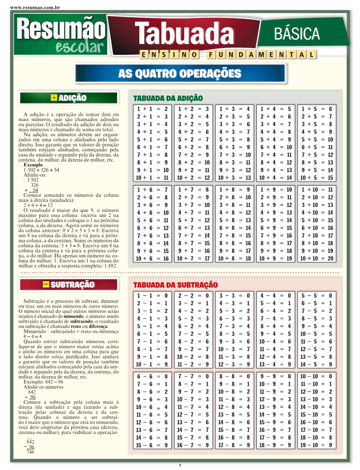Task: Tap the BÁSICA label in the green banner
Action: (x=297, y=33)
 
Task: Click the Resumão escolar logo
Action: (x=61, y=35)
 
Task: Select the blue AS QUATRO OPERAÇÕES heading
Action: (x=180, y=73)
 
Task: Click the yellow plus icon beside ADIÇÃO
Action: (x=54, y=98)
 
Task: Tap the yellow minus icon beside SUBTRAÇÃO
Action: (x=46, y=284)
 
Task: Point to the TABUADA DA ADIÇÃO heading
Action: (x=168, y=98)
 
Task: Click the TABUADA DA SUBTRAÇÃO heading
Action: (x=175, y=285)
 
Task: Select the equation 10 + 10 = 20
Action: (x=317, y=258)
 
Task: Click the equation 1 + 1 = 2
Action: (x=152, y=109)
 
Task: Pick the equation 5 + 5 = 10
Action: (x=317, y=139)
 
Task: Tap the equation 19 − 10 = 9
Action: (x=317, y=445)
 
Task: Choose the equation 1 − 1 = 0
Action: (x=152, y=296)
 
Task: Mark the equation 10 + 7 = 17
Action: (x=194, y=258)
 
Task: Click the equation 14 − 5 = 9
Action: (x=317, y=365)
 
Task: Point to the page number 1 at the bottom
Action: (x=180, y=465)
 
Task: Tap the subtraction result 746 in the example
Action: (x=30, y=452)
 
